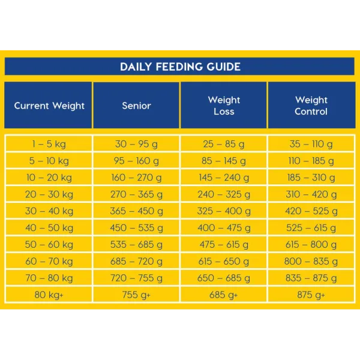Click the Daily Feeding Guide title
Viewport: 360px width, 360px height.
pos(180,67)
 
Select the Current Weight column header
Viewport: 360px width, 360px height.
pos(49,106)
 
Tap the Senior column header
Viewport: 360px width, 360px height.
pos(136,106)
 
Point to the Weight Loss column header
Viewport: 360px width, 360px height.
pos(224,106)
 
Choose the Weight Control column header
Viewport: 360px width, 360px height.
pos(311,106)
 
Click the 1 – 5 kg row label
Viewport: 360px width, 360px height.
pos(49,144)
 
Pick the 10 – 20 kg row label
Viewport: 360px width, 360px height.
pos(49,178)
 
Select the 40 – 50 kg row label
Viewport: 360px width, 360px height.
pos(49,228)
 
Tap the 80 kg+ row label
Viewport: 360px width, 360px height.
pos(49,295)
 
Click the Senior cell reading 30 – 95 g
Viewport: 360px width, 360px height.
pos(136,144)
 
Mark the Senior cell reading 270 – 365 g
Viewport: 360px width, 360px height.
pos(136,194)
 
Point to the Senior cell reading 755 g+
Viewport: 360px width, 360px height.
pos(136,295)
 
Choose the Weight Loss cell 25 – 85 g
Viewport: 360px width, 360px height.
pos(224,144)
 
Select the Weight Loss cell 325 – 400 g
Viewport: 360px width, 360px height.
pos(224,211)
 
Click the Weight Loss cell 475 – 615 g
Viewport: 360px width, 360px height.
pos(224,245)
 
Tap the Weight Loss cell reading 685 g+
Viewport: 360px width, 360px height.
pos(224,295)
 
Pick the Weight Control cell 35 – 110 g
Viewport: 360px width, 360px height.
pos(311,144)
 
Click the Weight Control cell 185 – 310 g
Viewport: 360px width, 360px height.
pos(311,178)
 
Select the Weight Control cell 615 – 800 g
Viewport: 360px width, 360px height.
pos(311,245)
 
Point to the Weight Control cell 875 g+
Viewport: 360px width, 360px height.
pos(311,295)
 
